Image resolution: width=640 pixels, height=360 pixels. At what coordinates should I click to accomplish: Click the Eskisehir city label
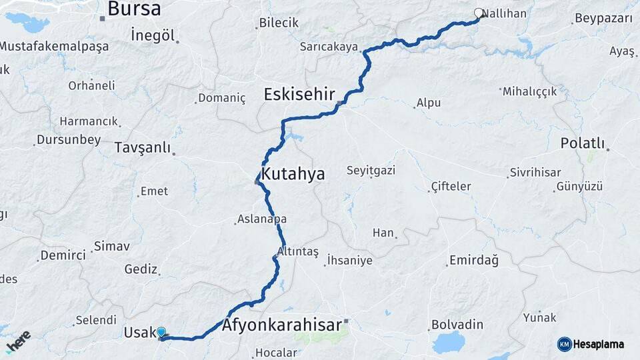pos(299,93)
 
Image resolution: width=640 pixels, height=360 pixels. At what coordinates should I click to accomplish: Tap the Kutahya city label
pos(293,175)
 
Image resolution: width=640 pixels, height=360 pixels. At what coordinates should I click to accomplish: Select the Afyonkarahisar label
pos(281,325)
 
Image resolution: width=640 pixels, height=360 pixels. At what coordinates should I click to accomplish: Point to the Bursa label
pos(134,9)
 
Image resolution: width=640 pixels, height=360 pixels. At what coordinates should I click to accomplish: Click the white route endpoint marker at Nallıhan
pos(479,13)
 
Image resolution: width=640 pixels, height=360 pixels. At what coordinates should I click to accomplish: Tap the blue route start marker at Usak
pos(161,331)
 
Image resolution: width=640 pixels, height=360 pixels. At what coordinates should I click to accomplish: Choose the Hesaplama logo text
pos(598,344)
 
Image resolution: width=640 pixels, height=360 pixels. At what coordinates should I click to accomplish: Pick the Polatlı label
pos(582,143)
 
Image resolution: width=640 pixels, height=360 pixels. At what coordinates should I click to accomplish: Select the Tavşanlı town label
pos(142,147)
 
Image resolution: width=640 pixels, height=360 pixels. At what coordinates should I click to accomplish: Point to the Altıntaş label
pos(298,252)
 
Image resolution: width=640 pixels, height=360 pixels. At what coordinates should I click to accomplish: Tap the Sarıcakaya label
pos(329,47)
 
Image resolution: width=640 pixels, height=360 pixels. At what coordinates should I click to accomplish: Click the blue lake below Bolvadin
pos(447,342)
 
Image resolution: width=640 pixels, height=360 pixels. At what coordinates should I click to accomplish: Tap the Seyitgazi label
pos(371,171)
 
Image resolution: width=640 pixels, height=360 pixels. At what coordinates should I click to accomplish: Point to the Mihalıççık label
pos(529,91)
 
